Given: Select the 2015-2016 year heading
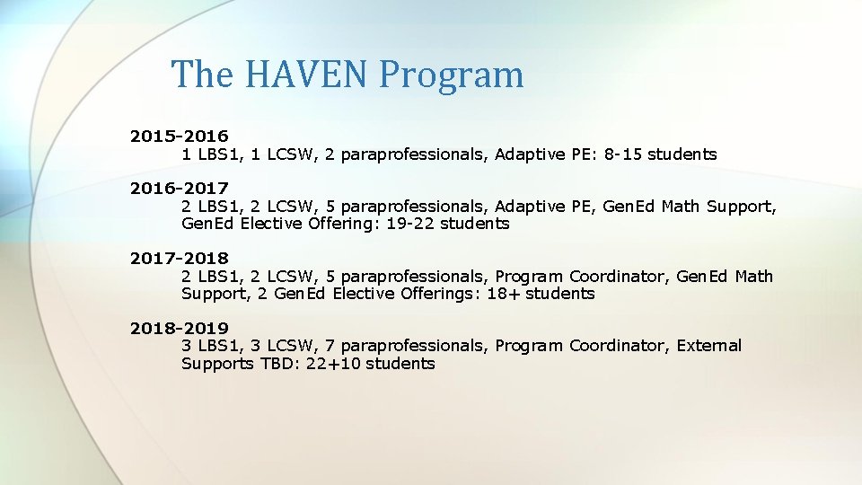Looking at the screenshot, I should [179, 137].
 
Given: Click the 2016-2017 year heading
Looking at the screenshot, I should [179, 189].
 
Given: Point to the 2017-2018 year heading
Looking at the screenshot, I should [179, 259].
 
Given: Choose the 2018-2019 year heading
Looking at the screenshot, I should [179, 329].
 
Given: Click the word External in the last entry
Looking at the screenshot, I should [709, 346].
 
